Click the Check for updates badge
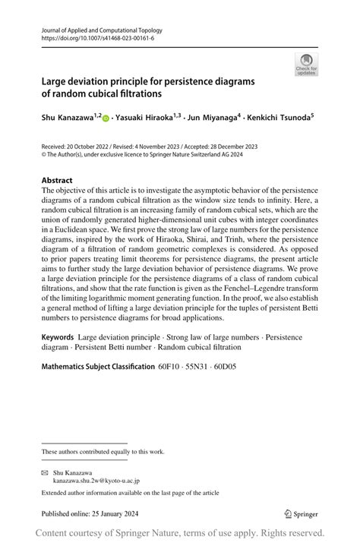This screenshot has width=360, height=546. click(x=306, y=65)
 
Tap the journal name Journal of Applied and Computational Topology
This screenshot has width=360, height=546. click(x=103, y=30)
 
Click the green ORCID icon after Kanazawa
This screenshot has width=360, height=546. click(x=106, y=118)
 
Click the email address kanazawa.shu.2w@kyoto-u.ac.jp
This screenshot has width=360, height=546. click(x=96, y=481)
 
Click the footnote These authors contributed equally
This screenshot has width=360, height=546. click(x=103, y=452)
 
